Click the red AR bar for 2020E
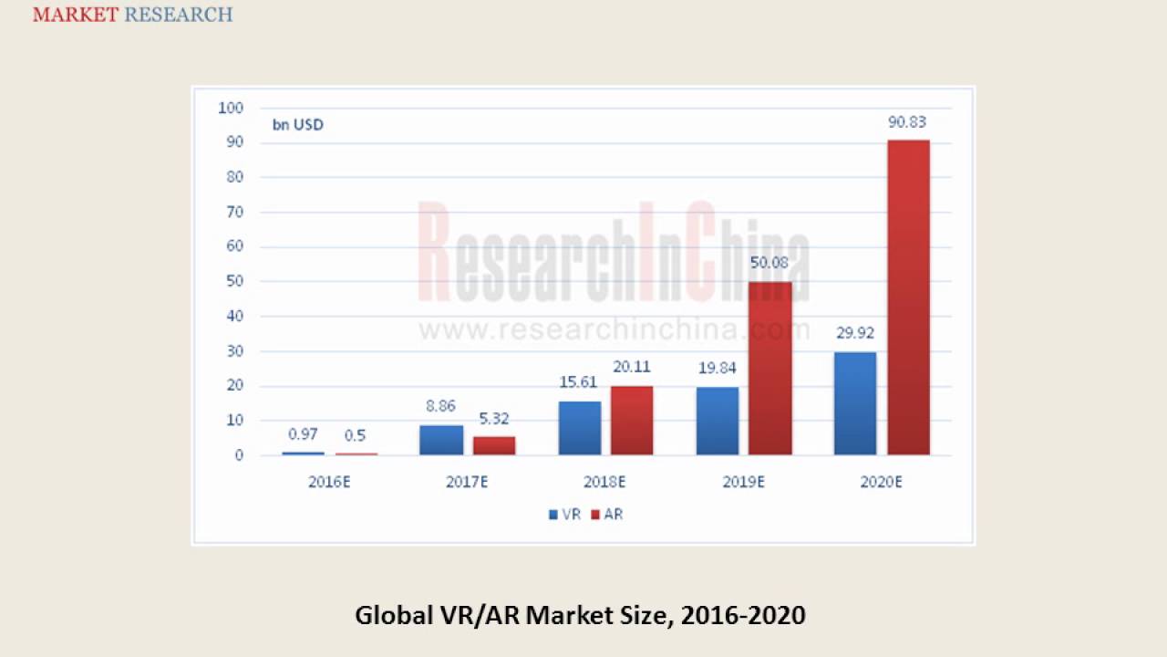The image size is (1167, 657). click(908, 297)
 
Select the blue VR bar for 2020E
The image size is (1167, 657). click(855, 403)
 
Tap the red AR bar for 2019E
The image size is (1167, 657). click(770, 368)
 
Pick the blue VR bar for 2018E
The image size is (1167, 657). click(580, 428)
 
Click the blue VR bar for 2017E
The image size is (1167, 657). click(441, 440)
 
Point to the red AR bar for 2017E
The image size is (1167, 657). click(494, 445)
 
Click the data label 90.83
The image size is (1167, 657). click(907, 122)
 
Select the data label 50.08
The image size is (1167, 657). click(769, 264)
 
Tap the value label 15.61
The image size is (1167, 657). click(579, 383)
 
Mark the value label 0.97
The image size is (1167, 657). click(303, 434)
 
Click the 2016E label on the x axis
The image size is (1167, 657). click(329, 482)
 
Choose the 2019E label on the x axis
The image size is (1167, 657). click(743, 482)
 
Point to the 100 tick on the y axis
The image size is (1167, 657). click(232, 108)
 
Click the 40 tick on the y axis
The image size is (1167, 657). click(234, 317)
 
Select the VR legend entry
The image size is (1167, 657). click(564, 515)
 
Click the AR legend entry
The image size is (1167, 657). click(607, 515)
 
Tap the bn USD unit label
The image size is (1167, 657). click(297, 125)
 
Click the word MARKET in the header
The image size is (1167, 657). click(76, 15)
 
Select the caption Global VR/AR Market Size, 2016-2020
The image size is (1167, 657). click(580, 615)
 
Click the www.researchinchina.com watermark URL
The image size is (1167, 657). click(614, 329)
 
